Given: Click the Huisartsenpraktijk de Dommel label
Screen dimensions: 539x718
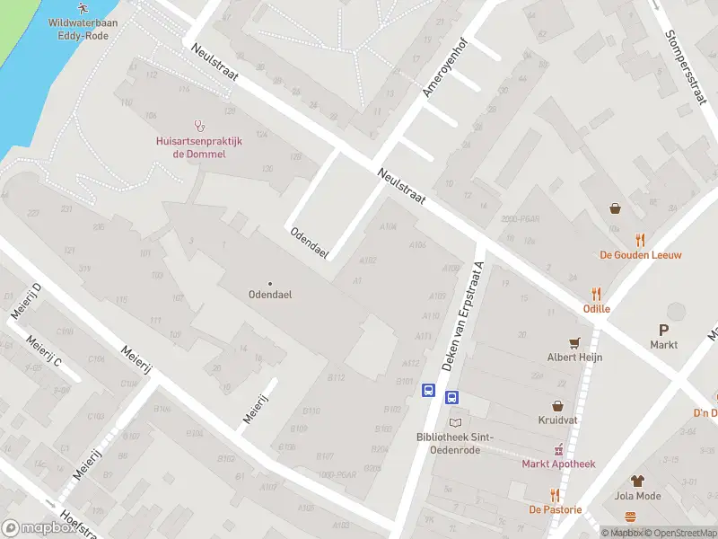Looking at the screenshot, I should [x=199, y=146].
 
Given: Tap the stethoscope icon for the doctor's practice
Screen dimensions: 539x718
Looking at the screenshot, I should [x=199, y=127].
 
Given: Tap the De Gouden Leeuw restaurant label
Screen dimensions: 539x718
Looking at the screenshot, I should [x=640, y=254].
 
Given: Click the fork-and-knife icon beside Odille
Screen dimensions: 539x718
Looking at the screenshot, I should [x=597, y=294].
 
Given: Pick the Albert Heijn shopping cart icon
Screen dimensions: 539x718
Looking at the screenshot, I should [x=574, y=342].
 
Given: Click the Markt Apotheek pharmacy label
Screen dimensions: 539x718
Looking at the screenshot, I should [x=558, y=464].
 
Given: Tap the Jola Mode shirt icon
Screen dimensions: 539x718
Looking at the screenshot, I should [x=637, y=482].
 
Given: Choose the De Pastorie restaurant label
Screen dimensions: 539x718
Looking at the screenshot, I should [x=555, y=509].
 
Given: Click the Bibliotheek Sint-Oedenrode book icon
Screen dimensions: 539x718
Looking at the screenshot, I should [x=455, y=422].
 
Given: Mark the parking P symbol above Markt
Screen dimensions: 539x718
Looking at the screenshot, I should [x=664, y=330].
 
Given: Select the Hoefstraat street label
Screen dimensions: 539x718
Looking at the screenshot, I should [x=78, y=524].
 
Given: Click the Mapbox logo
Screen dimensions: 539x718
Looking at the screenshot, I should [x=38, y=528].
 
